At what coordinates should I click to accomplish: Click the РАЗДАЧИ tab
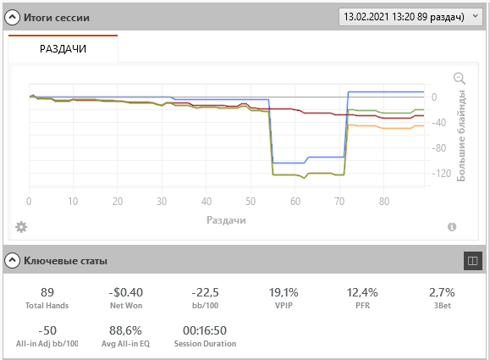[x=63, y=49]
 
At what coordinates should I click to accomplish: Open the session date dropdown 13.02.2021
[x=410, y=17]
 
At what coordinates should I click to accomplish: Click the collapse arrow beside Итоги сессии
[x=12, y=17]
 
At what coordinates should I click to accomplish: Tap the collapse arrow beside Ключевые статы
[x=12, y=260]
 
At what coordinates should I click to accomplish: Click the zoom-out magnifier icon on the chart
[x=460, y=78]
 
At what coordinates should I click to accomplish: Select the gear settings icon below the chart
[x=21, y=227]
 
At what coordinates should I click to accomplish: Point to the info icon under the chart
[x=452, y=227]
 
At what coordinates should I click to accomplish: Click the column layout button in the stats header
[x=472, y=261]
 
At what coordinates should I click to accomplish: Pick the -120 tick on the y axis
[x=442, y=174]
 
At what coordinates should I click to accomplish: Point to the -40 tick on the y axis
[x=439, y=122]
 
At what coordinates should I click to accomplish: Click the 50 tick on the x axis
[x=251, y=202]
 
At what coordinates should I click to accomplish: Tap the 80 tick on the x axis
[x=384, y=202]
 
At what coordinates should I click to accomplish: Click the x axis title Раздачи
[x=226, y=220]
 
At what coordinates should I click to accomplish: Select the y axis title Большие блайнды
[x=461, y=136]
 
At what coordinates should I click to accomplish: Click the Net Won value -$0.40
[x=126, y=292]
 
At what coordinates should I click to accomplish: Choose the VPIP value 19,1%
[x=284, y=292]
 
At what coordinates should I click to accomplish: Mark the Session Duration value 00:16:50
[x=205, y=330]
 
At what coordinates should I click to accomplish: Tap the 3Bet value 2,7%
[x=442, y=292]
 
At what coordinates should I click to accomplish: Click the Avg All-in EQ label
[x=125, y=343]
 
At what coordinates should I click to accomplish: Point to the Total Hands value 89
[x=47, y=292]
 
